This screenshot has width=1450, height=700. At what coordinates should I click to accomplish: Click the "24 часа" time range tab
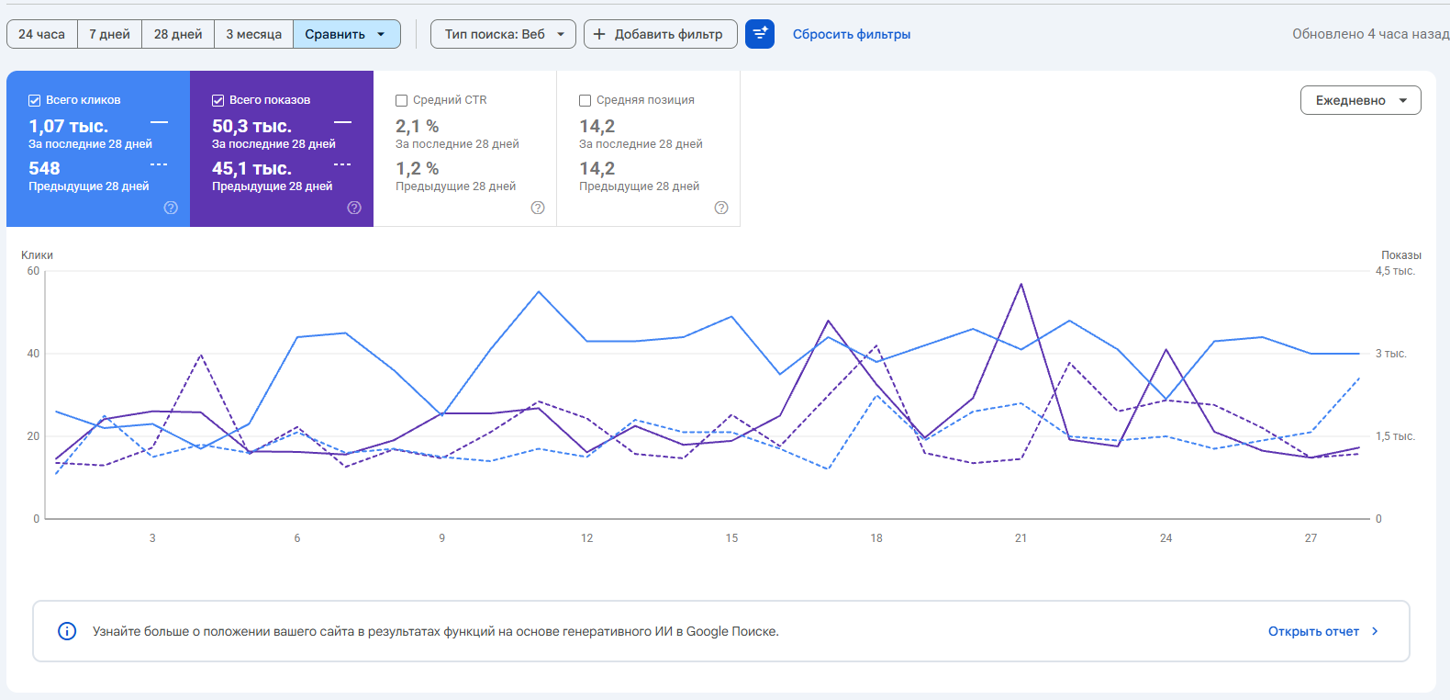pos(41,34)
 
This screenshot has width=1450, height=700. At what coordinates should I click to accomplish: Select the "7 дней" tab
pos(109,34)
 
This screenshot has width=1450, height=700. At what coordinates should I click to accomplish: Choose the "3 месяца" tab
pos(253,34)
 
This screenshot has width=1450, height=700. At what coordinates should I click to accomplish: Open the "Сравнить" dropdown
pos(347,34)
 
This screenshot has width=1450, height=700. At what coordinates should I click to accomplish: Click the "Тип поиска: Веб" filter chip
pos(503,34)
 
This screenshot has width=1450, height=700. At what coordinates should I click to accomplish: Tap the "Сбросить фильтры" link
pos(852,34)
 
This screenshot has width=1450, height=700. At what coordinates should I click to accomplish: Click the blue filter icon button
pos(759,34)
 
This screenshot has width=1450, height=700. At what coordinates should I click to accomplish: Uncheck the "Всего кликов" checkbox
pos(34,100)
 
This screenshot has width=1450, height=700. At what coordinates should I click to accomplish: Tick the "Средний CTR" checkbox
pos(401,100)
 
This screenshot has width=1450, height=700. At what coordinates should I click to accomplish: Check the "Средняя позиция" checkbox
pos(585,100)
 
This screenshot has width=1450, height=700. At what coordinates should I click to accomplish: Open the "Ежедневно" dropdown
pos(1361,100)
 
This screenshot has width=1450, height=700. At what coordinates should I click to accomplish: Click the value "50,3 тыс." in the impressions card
pos(251,126)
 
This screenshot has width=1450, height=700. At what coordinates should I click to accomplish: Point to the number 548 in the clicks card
pos(44,168)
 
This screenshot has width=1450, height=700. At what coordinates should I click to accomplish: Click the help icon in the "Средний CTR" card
pos(537,208)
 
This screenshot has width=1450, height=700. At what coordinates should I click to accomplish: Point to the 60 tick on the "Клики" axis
pos(33,271)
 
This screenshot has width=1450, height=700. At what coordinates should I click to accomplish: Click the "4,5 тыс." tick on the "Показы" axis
pos(1395,271)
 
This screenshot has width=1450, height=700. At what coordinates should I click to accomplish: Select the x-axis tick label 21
pos(1021,538)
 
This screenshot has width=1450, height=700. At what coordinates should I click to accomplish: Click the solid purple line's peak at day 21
pos(1021,284)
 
